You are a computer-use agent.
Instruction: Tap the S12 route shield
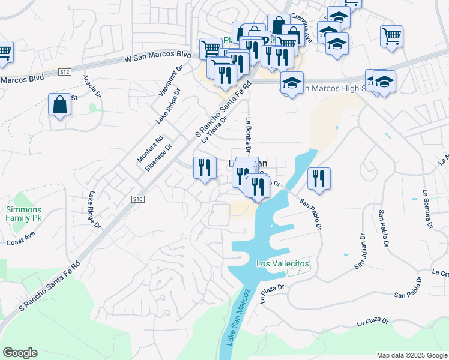[65, 72]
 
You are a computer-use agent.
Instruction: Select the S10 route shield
[138, 199]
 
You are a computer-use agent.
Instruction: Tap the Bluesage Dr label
[159, 157]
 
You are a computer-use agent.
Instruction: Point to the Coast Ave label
[22, 241]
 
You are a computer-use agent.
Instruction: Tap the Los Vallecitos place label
[282, 264]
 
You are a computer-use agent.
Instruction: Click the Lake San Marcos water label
[237, 317]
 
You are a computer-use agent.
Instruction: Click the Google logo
[20, 353]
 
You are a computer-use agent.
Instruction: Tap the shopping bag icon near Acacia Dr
[59, 105]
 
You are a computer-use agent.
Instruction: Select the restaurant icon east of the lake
[319, 178]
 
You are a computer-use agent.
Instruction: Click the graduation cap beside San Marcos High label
[292, 82]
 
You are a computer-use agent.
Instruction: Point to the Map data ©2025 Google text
[411, 355]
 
